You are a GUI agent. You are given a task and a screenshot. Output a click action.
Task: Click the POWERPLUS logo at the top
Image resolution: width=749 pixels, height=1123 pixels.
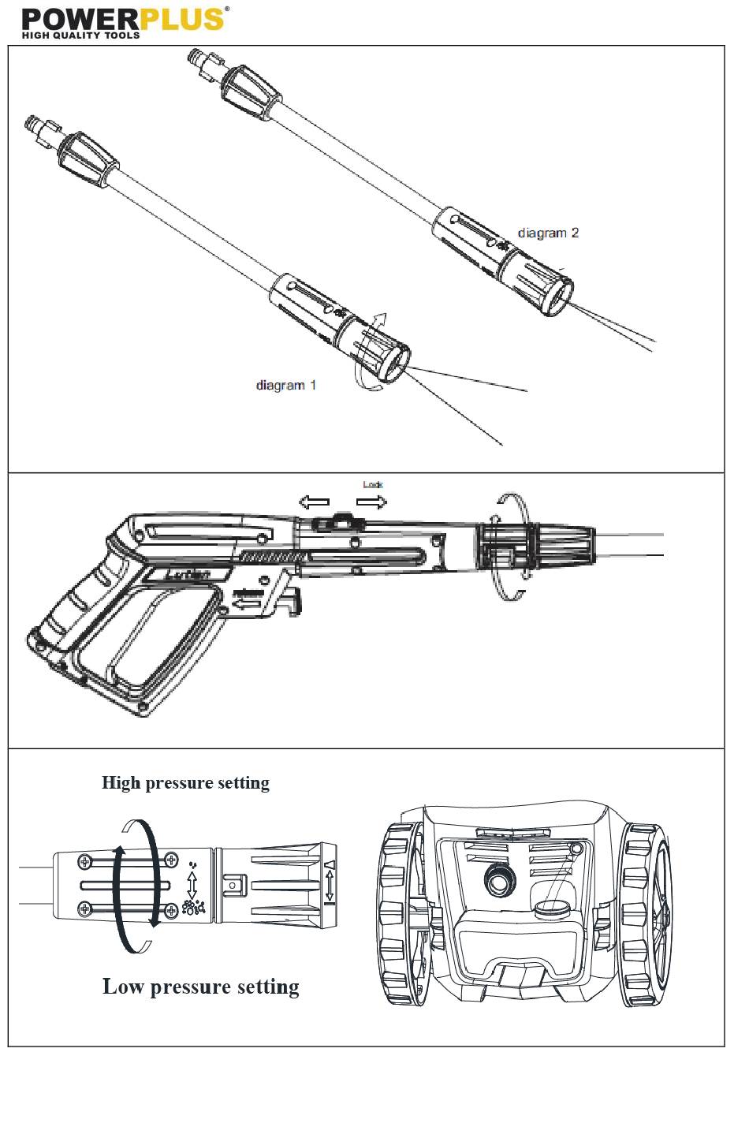click(x=122, y=19)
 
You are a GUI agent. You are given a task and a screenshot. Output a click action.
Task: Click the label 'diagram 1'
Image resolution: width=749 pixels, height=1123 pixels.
click(x=285, y=386)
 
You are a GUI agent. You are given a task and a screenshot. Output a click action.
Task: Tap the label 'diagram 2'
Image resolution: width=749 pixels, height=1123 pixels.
click(x=548, y=233)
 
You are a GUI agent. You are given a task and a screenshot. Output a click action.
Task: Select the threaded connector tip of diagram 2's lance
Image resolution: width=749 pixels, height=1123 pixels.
click(x=198, y=61)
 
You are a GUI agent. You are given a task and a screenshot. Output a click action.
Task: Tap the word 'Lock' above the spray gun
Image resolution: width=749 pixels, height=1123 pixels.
click(x=373, y=484)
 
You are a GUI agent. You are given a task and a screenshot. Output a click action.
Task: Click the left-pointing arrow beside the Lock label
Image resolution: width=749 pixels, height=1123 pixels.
click(x=313, y=502)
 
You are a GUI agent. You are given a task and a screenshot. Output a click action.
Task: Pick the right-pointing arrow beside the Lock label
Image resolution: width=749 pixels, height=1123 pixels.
click(x=371, y=502)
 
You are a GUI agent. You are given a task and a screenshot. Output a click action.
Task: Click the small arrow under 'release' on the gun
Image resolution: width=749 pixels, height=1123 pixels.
click(x=249, y=604)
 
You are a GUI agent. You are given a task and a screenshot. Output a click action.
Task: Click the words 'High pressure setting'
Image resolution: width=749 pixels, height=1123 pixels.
click(x=185, y=783)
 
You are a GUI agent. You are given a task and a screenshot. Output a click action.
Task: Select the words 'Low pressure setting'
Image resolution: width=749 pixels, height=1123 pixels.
click(x=201, y=987)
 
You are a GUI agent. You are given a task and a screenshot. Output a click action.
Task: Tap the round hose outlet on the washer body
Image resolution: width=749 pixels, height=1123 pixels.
click(x=497, y=880)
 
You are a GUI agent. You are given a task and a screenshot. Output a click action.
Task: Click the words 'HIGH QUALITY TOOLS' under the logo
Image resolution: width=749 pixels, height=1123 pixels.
click(x=80, y=35)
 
